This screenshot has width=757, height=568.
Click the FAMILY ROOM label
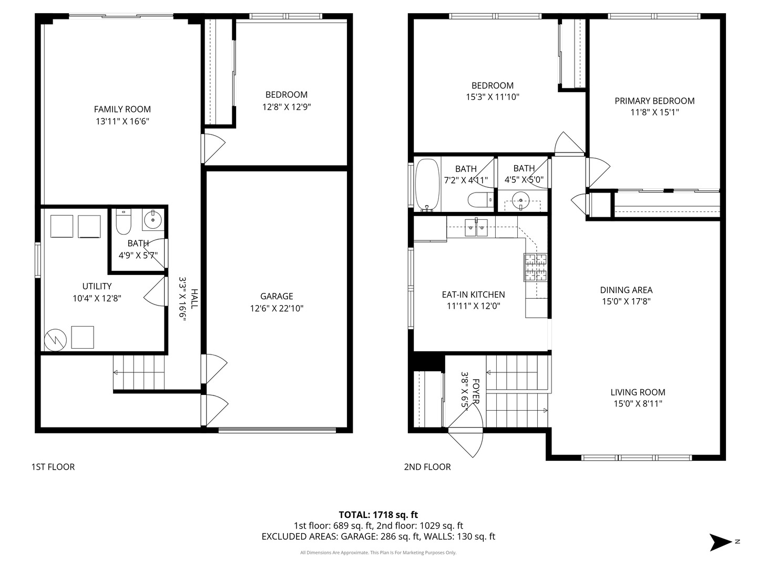(122, 109)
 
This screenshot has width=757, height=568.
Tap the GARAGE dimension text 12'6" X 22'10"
(277, 308)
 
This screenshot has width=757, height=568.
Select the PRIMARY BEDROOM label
(654, 100)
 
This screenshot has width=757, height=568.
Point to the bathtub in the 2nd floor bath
(427, 185)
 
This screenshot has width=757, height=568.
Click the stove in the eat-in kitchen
(536, 267)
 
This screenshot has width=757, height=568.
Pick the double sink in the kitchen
(476, 228)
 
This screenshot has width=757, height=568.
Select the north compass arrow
(720, 542)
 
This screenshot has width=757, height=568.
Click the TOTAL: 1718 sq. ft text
(378, 515)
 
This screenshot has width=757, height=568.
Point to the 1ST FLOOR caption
(53, 467)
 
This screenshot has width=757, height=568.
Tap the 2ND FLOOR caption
(427, 467)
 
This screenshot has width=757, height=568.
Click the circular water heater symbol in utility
(56, 340)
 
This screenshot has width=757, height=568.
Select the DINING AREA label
(626, 290)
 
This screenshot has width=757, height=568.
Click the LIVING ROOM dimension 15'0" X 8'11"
(638, 403)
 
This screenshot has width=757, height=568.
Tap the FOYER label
(476, 391)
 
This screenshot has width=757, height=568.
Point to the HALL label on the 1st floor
(195, 299)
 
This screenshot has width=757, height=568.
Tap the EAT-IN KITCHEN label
(473, 295)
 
